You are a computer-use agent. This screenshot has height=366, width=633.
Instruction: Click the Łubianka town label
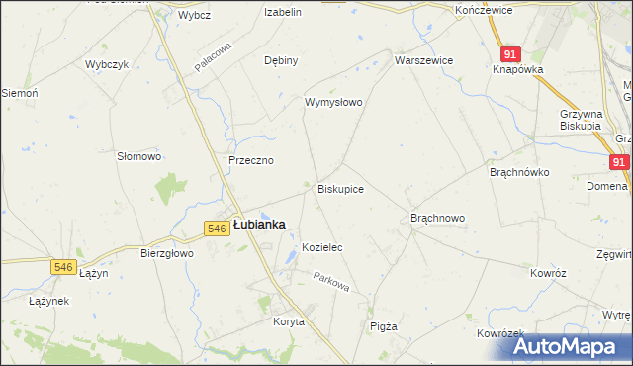point(259,225)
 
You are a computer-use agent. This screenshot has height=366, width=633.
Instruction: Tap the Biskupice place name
point(340,188)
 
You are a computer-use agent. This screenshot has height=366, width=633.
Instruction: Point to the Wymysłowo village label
point(333,102)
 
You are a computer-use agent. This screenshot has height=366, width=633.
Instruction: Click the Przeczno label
point(250,160)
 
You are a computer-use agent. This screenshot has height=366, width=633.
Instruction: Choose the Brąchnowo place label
point(437,218)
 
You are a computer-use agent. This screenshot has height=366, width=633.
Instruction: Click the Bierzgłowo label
point(166,253)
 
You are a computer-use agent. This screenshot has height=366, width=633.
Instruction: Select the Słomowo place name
point(138,156)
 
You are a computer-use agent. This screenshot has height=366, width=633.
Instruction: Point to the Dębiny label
point(281,60)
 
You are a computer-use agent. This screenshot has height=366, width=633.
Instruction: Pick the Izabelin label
point(282,12)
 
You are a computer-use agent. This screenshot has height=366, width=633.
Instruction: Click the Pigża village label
point(382,326)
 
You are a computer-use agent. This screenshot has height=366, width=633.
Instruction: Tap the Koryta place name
point(289,322)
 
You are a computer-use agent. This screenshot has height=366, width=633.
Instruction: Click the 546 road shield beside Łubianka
point(218,229)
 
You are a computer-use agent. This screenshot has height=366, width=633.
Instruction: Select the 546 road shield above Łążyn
point(64,266)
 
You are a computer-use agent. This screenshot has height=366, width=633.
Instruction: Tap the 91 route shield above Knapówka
point(509,54)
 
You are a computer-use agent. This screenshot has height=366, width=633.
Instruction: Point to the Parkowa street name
point(332,283)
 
